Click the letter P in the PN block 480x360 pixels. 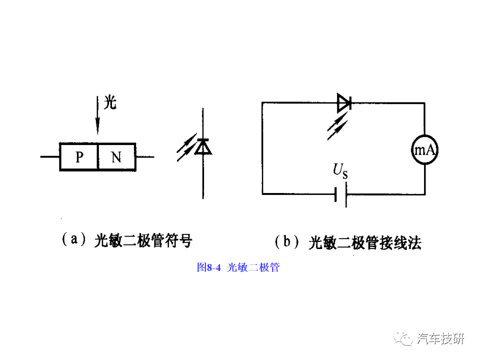79,157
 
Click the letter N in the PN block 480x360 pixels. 116,157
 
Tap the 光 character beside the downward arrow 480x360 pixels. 110,102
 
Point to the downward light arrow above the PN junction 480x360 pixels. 97,115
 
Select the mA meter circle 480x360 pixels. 424,149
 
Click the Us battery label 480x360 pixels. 340,171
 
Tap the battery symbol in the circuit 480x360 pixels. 341,194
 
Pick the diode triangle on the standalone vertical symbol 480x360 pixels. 203,146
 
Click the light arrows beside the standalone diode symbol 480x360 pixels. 186,147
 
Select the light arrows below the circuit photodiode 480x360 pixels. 337,126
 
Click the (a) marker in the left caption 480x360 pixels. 74,239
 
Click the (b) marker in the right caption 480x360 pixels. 286,241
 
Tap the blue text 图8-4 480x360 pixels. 209,267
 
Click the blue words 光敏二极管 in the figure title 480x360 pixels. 253,267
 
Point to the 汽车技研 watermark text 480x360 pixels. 440,338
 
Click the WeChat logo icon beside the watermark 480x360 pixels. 403,338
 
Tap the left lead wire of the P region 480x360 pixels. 50,156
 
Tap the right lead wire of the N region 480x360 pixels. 145,156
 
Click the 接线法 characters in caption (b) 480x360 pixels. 400,243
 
